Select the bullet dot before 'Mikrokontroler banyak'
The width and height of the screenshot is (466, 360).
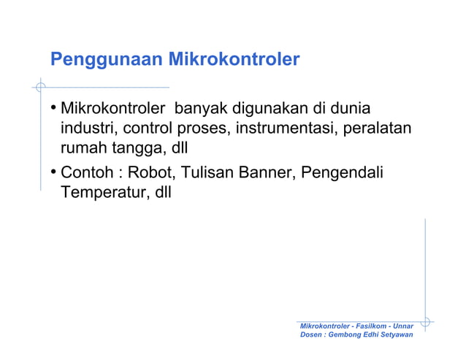tap(54, 111)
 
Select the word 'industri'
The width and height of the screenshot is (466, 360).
tap(87, 130)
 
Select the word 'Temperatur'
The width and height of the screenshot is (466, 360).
tap(101, 194)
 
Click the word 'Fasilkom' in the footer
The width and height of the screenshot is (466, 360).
tap(369, 324)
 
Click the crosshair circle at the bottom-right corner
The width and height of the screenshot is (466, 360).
tap(425, 320)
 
